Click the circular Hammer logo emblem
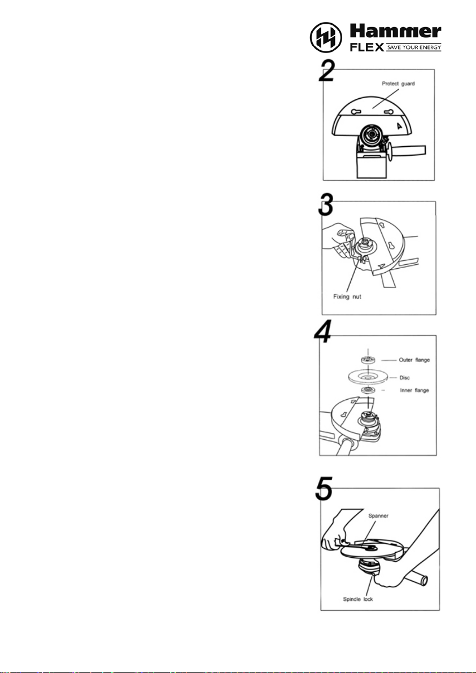point(326,37)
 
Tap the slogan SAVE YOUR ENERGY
point(414,47)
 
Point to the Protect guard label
point(398,84)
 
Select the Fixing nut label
point(347,297)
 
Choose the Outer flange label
point(414,360)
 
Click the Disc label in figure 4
point(404,378)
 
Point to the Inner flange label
point(414,390)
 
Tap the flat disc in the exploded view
point(368,377)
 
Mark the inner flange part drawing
point(368,390)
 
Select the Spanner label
point(378,516)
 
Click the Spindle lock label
point(358,599)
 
